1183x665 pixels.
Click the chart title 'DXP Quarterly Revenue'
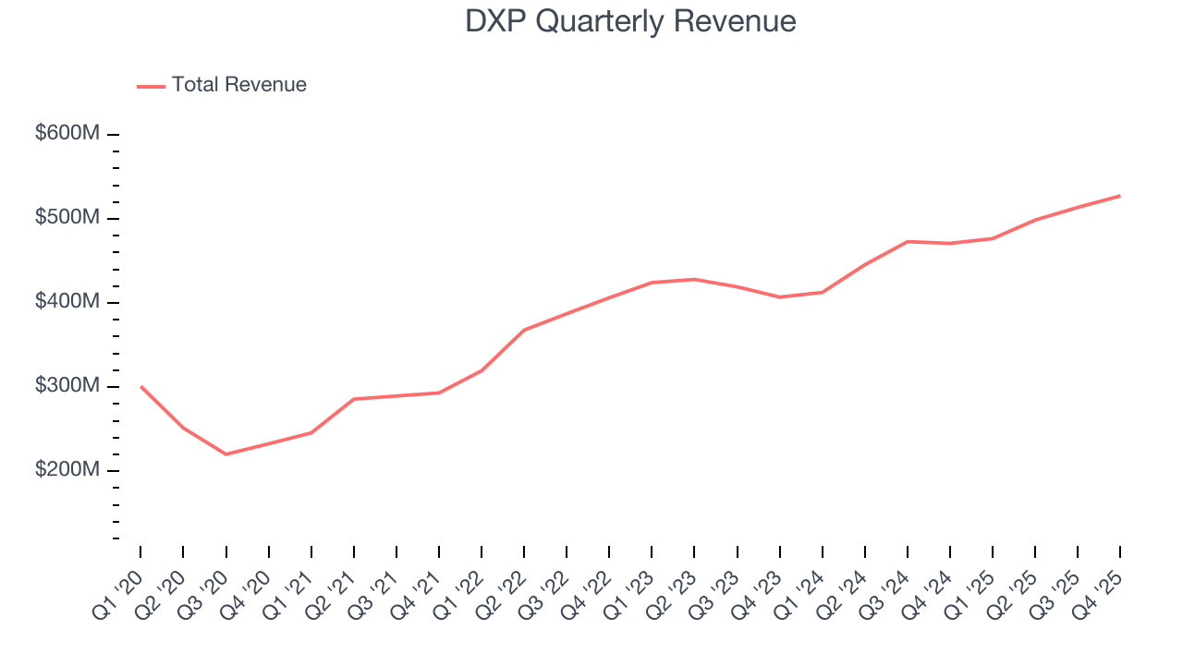[630, 21]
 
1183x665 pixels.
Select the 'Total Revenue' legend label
[238, 85]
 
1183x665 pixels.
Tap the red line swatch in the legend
[151, 86]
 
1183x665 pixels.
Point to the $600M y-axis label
[67, 134]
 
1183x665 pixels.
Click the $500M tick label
[67, 218]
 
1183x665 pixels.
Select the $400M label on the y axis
[67, 302]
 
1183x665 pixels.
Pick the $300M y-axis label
[67, 386]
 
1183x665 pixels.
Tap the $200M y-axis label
[67, 470]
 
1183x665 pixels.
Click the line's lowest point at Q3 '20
[226, 454]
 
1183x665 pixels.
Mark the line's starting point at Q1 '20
[140, 386]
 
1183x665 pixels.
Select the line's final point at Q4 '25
[1120, 196]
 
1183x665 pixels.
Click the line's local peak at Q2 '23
[694, 279]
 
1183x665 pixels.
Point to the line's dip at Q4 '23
[779, 297]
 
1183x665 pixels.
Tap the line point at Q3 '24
[908, 241]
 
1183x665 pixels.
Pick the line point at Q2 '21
[354, 399]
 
